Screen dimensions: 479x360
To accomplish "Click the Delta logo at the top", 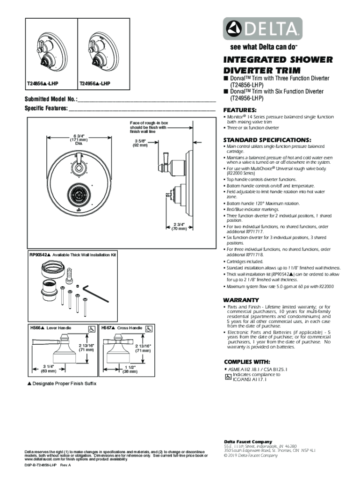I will pyautogui.click(x=262, y=29).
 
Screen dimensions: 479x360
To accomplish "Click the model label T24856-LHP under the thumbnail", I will pyautogui.click(x=44, y=84).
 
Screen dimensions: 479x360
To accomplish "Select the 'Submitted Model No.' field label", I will pyautogui.click(x=51, y=100).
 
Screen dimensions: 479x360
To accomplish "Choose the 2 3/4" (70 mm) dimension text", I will pyautogui.click(x=179, y=226).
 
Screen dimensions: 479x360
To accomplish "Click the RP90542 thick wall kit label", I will pyautogui.click(x=72, y=255).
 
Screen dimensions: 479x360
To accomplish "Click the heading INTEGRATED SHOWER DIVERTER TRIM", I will pyautogui.click(x=278, y=65).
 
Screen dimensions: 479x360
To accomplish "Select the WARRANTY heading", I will pyautogui.click(x=241, y=299).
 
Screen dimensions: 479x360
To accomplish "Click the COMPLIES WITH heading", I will pyautogui.click(x=246, y=362).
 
